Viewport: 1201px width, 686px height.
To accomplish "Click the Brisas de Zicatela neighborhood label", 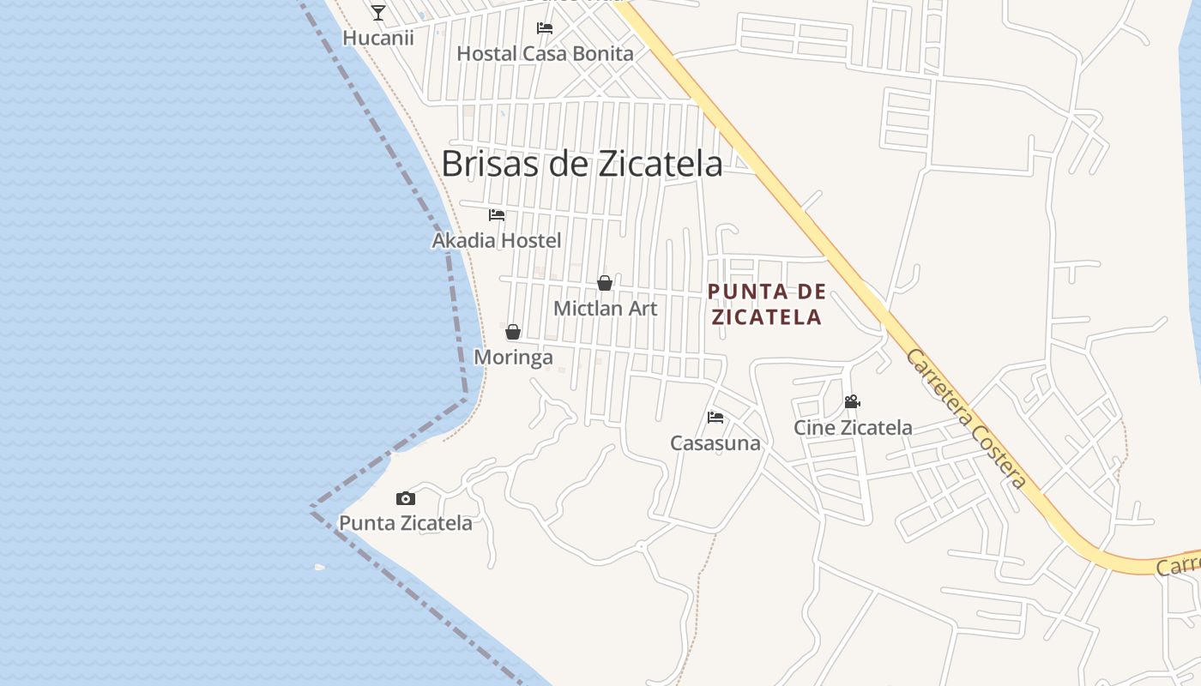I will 582,163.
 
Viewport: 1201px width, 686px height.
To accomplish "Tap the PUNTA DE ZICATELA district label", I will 767,304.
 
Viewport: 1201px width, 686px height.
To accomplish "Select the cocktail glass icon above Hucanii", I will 378,13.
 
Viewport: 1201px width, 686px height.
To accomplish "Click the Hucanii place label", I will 378,38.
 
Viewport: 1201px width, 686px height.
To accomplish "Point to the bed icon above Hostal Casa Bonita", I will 544,28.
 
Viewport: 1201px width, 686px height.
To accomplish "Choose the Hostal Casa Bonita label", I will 545,53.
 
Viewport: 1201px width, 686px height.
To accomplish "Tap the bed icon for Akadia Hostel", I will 497,215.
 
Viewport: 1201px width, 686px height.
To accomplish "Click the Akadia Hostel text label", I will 497,240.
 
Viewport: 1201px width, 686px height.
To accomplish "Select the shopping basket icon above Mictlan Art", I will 605,283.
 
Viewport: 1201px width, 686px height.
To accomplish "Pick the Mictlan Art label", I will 606,308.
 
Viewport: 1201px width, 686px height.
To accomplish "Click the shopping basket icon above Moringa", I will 513,332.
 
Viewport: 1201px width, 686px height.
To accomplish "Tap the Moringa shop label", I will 513,357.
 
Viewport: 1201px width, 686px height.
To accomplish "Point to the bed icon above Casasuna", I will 715,418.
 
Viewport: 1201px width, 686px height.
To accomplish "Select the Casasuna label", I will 715,442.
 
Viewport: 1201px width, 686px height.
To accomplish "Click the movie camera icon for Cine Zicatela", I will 852,401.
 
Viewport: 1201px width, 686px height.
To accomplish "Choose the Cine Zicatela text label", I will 853,427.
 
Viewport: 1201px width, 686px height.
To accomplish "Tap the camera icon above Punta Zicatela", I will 406,498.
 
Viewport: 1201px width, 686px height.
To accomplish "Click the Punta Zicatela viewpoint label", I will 406,522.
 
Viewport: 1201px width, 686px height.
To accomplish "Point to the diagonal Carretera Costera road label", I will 966,418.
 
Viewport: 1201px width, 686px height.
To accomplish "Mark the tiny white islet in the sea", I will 320,567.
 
